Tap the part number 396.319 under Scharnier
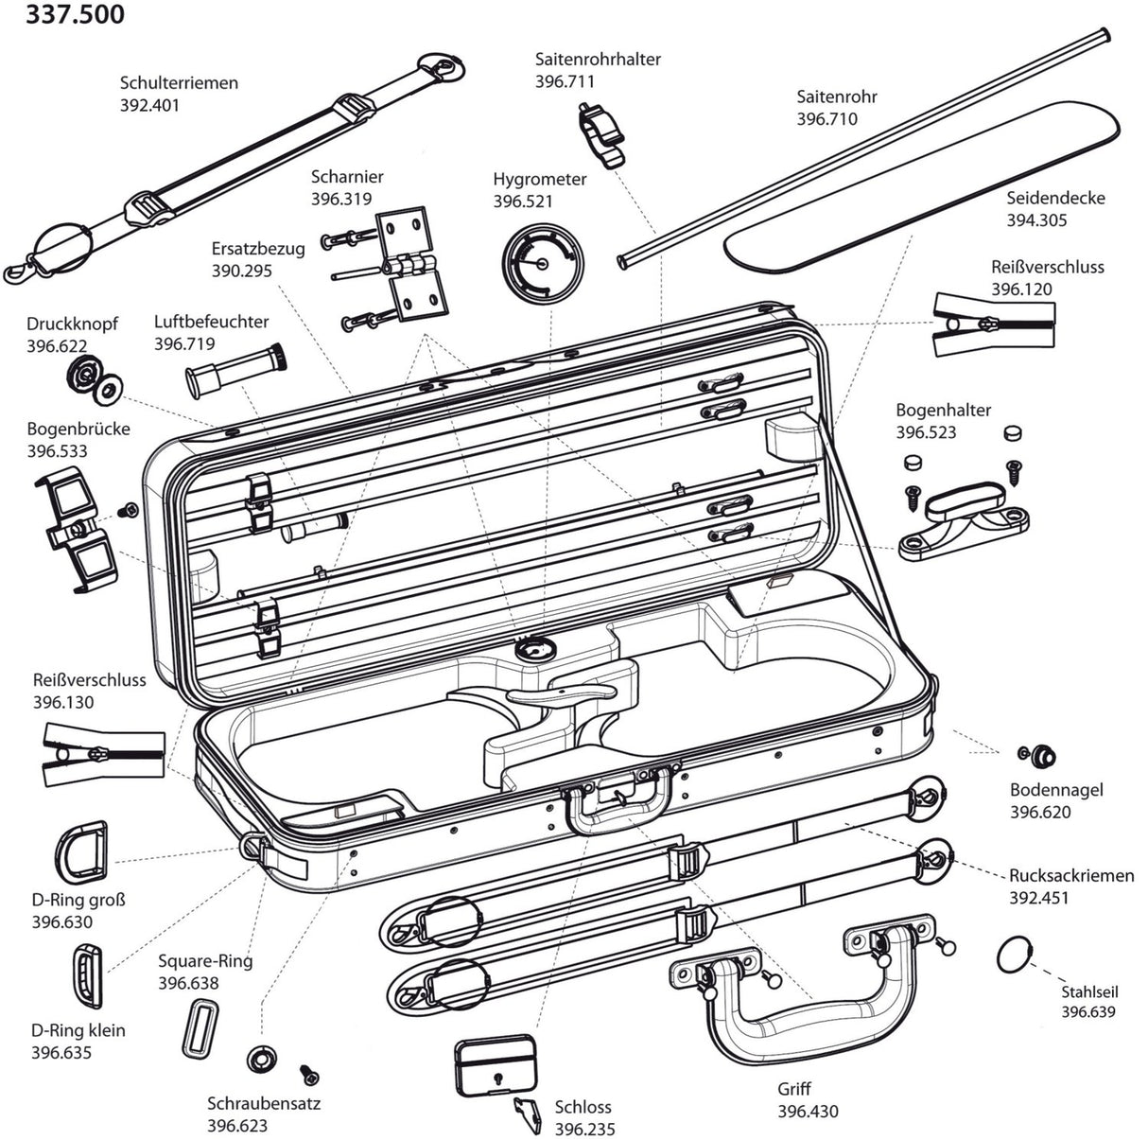pyautogui.click(x=341, y=200)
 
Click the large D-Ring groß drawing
pyautogui.click(x=83, y=851)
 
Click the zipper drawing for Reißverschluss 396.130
pyautogui.click(x=95, y=755)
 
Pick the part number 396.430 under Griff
pyautogui.click(x=808, y=1113)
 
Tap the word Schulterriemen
pyautogui.click(x=178, y=83)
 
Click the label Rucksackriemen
pyautogui.click(x=1070, y=876)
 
